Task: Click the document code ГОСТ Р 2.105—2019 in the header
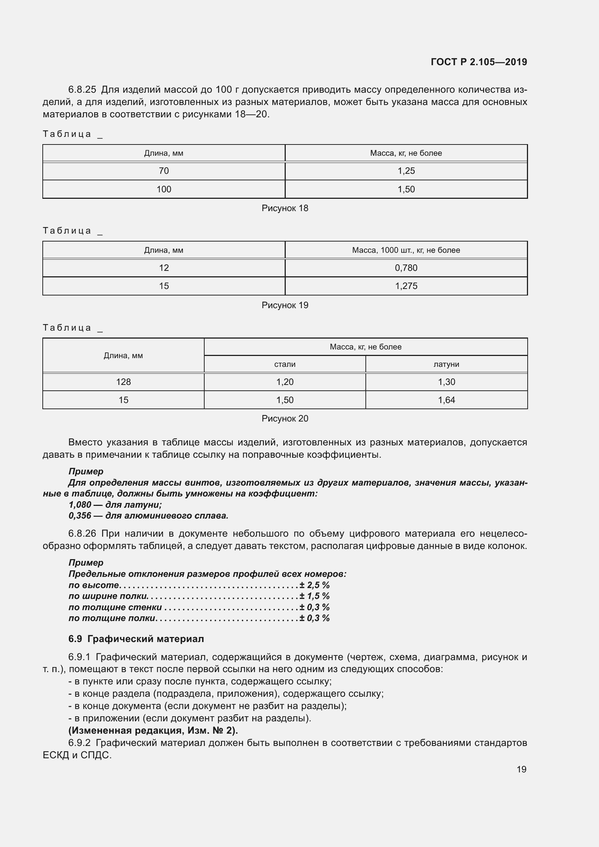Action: [479, 62]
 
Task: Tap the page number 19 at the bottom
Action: [521, 769]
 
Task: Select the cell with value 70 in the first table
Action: [164, 171]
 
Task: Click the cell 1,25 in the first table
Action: [406, 171]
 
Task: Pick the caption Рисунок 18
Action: [285, 208]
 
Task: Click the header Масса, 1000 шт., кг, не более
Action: [406, 250]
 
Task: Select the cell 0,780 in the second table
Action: [406, 268]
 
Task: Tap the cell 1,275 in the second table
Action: [406, 286]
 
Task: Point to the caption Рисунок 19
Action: [285, 305]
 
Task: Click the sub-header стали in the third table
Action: [285, 364]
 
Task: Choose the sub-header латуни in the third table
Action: [446, 364]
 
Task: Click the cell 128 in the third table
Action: [123, 382]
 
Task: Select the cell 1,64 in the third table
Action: [446, 400]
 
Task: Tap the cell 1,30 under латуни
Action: [446, 382]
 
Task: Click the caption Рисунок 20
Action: [285, 418]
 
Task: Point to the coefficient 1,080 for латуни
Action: [80, 505]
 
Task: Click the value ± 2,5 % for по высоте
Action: [314, 585]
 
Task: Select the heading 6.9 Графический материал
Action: [136, 639]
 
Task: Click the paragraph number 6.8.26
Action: [82, 533]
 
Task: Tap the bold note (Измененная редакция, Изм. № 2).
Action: [153, 730]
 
